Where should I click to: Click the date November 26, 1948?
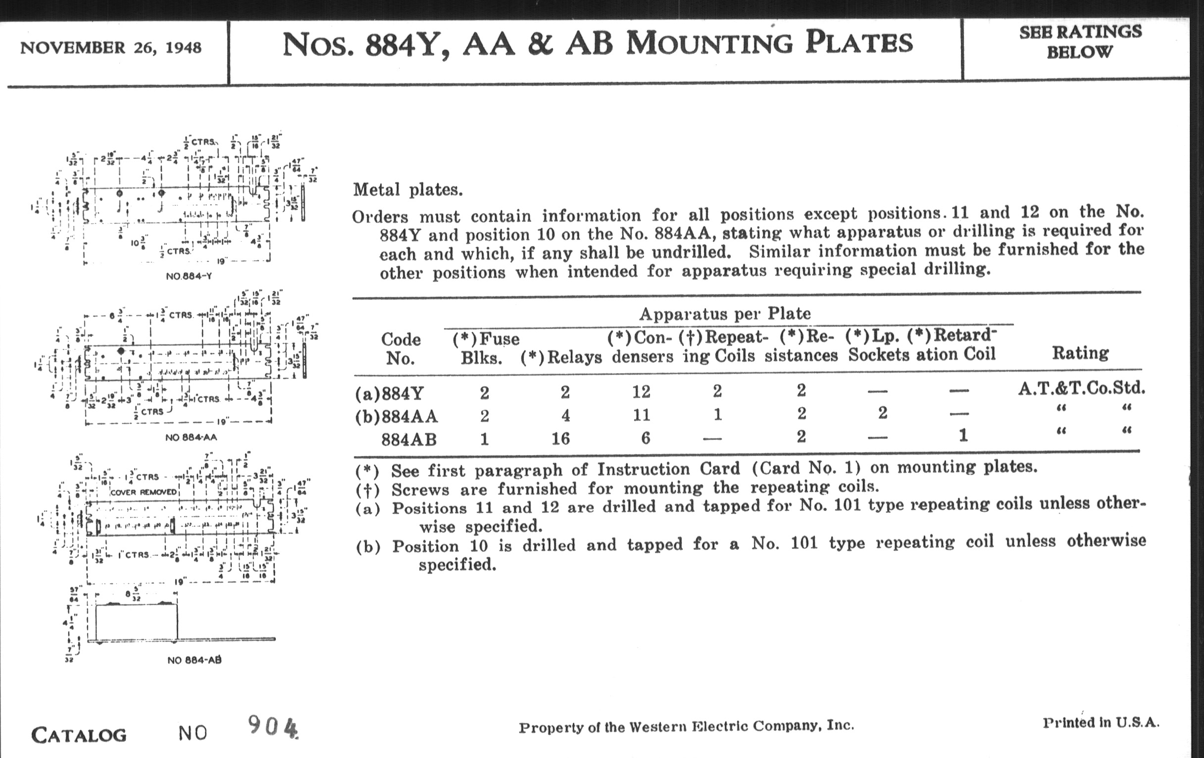pos(110,48)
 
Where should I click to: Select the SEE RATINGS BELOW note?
pos(1080,42)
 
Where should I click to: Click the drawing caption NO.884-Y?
pos(189,276)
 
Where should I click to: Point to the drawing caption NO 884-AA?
pos(191,437)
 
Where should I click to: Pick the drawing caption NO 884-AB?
pos(194,660)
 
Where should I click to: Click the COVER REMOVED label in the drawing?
pos(144,492)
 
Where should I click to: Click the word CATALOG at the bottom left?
pos(79,735)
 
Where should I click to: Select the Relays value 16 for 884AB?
pos(560,439)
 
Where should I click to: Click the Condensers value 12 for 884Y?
pos(641,391)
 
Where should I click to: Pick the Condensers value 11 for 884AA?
pos(642,415)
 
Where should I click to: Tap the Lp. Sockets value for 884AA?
pos(883,413)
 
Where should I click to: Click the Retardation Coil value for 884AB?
pos(963,435)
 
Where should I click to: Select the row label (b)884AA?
pos(397,416)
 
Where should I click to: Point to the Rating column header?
pos(1080,353)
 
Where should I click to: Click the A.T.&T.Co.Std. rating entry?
pos(1081,388)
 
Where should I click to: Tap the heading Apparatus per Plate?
pos(724,314)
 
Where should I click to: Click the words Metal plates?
pos(407,190)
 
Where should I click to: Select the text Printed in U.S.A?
pos(1101,722)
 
